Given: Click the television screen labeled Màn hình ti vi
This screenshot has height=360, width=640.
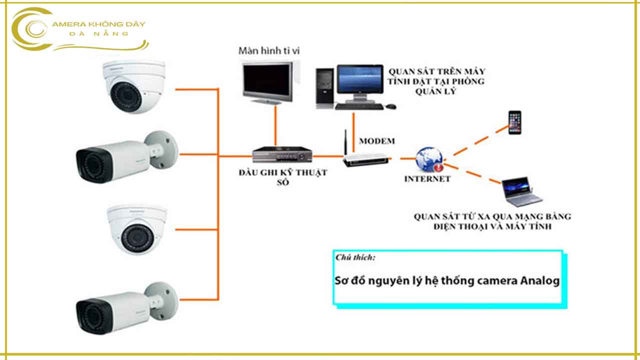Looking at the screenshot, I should click(x=268, y=81).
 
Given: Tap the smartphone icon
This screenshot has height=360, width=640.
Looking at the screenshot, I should click(x=514, y=122).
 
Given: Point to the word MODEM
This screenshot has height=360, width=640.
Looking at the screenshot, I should click(x=376, y=141).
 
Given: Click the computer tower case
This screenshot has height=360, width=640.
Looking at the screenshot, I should click(x=325, y=87).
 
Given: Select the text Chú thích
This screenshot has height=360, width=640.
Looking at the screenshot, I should click(x=355, y=258).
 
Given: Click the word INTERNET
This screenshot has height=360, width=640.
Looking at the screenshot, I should click(x=427, y=179).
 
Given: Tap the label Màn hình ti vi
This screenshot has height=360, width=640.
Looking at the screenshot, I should click(x=269, y=50).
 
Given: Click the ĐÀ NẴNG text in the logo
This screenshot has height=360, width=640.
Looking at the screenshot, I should click(x=100, y=33).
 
